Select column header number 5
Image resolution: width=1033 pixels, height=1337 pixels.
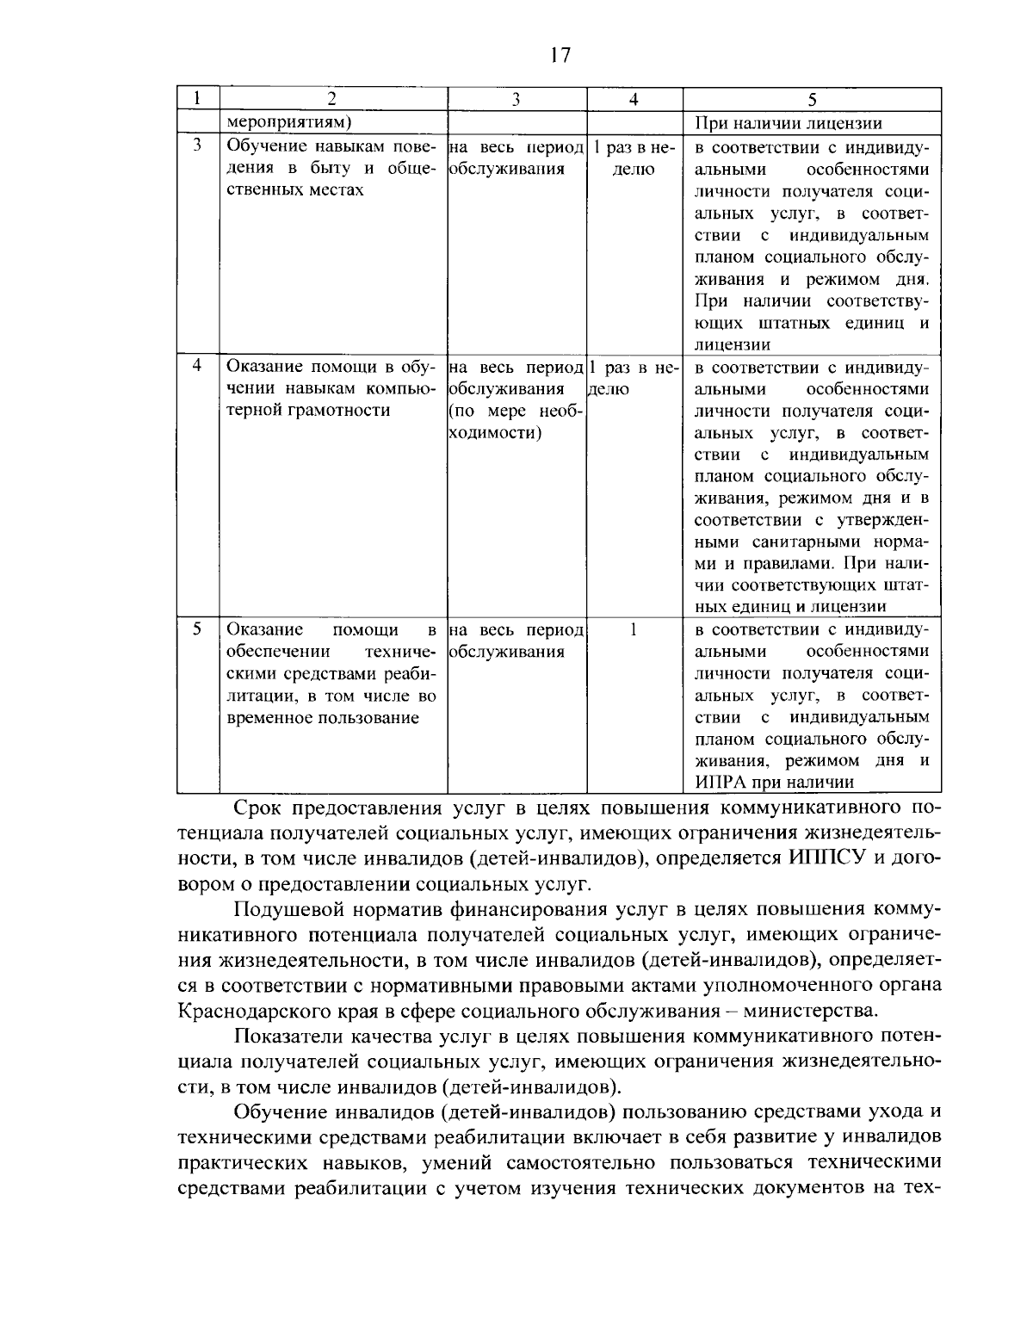pyautogui.click(x=811, y=99)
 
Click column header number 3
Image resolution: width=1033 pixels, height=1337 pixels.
pyautogui.click(x=516, y=99)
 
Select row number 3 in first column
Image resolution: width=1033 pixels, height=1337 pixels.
pyautogui.click(x=197, y=145)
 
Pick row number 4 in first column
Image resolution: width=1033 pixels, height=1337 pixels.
pyautogui.click(x=197, y=365)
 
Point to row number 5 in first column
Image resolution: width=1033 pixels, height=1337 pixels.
pyautogui.click(x=197, y=629)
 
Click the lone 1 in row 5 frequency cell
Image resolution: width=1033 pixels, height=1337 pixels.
pyautogui.click(x=633, y=629)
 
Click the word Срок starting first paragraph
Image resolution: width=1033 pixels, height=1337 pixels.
pyautogui.click(x=258, y=809)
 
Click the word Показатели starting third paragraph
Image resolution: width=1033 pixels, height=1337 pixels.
pyautogui.click(x=293, y=1036)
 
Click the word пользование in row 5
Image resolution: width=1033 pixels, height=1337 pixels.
pyautogui.click(x=365, y=718)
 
